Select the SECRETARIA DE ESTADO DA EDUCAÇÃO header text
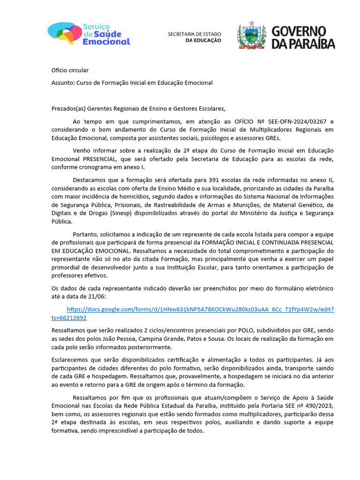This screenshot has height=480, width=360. coord(195,37)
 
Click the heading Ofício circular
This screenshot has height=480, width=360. coord(70,70)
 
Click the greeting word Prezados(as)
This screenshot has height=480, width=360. coord(68,109)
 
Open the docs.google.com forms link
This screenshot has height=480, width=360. coord(200,309)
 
